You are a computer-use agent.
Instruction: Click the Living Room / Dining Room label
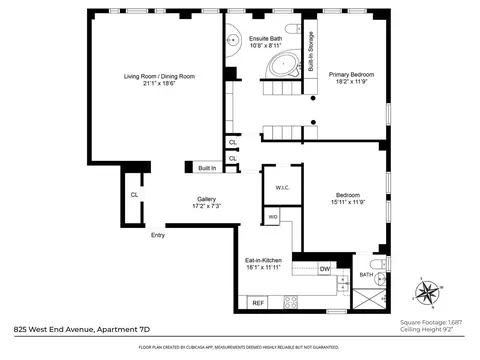pos(158,76)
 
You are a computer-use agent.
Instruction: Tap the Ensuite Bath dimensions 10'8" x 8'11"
pos(265,45)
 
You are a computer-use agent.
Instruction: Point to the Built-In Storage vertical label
pos(311,56)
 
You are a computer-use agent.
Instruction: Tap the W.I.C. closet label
pos(281,188)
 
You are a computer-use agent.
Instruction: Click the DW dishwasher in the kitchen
pos(324,268)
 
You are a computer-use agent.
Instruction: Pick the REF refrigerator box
pos(257,302)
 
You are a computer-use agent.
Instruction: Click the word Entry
pos(157,235)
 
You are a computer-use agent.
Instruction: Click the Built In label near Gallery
pos(206,168)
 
